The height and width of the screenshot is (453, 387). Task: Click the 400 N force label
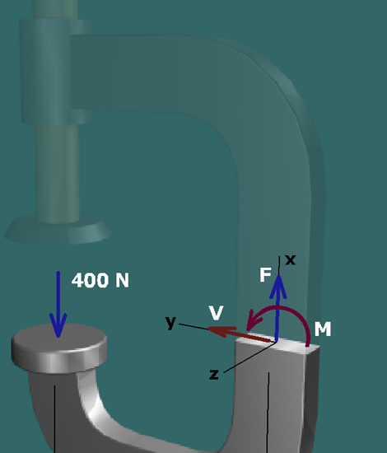click(x=100, y=280)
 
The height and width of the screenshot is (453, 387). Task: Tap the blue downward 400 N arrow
click(x=58, y=304)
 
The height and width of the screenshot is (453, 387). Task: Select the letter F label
click(x=265, y=274)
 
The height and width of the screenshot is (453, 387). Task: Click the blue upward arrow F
click(x=277, y=308)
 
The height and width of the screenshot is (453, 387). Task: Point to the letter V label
click(x=217, y=313)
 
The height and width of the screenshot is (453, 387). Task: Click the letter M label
click(x=323, y=329)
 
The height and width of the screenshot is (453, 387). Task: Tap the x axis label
click(x=290, y=260)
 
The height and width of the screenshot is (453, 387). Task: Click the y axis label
click(x=171, y=322)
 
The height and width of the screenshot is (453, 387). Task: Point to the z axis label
click(x=214, y=375)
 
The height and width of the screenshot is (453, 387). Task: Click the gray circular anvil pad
click(x=59, y=348)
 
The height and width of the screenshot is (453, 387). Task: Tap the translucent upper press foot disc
click(x=58, y=229)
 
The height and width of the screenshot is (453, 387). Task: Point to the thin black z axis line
click(x=249, y=357)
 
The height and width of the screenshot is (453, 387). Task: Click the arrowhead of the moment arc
click(x=253, y=320)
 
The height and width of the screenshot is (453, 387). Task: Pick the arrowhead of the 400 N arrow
click(x=58, y=325)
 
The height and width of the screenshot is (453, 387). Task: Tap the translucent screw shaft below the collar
click(x=57, y=173)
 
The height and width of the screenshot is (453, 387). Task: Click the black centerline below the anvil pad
click(x=54, y=419)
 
